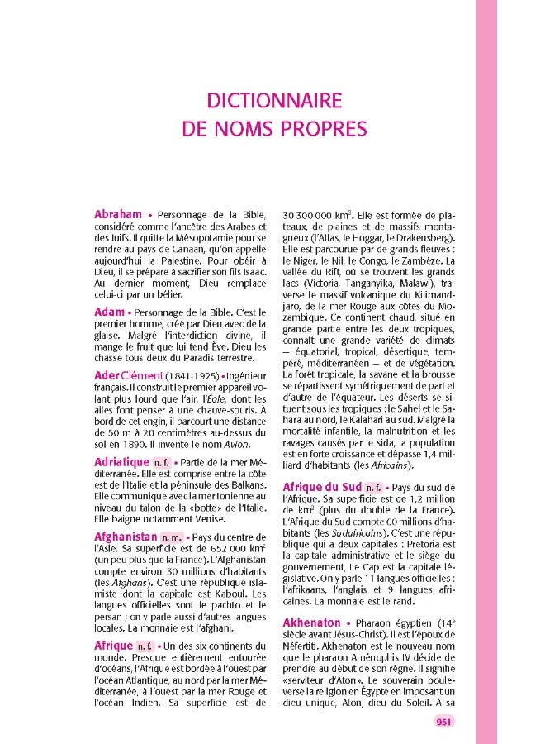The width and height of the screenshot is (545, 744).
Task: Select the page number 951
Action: point(443,722)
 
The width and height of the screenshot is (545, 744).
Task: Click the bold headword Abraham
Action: point(118,214)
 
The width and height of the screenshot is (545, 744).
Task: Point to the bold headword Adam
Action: point(109,312)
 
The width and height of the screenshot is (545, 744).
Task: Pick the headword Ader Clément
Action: point(129,375)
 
